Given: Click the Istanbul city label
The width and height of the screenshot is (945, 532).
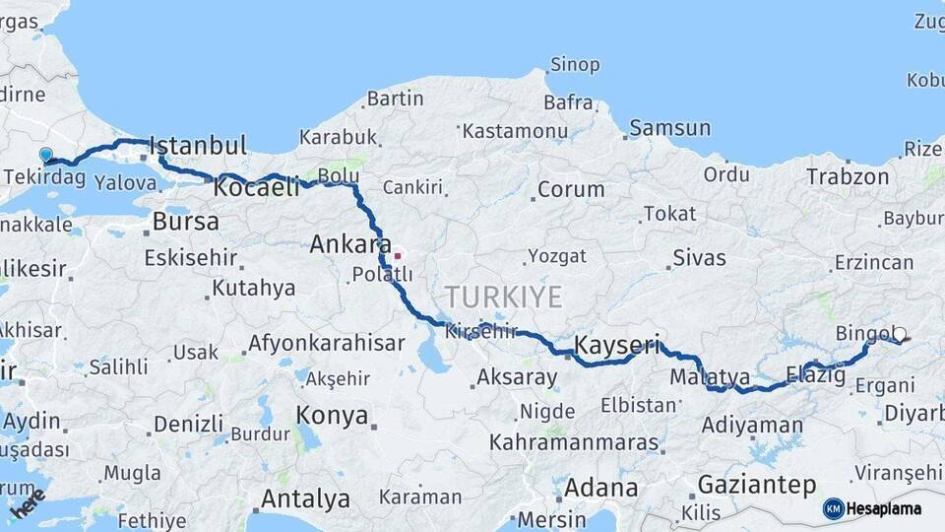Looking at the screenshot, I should click(x=198, y=146).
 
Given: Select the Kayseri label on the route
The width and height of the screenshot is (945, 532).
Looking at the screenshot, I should click(x=616, y=345).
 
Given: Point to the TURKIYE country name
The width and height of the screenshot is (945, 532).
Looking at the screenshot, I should click(x=503, y=297).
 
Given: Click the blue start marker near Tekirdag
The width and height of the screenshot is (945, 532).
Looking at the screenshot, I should click(x=45, y=155).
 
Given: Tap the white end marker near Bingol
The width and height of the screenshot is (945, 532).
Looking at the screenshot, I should click(x=899, y=335).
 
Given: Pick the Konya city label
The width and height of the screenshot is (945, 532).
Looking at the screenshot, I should click(x=332, y=414).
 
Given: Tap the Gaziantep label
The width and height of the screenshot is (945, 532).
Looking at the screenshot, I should click(x=757, y=484).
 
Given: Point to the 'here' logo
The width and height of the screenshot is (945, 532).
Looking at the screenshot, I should click(x=28, y=504).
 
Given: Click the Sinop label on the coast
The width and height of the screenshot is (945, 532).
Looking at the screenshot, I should click(x=575, y=65).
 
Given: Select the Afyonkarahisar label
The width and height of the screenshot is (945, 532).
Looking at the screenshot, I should click(x=326, y=343).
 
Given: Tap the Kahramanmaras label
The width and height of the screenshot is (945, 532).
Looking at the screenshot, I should click(x=573, y=442).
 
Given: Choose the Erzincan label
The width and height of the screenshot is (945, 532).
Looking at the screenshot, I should click(x=873, y=262).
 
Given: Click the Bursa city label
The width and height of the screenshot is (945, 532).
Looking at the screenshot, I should click(x=185, y=221).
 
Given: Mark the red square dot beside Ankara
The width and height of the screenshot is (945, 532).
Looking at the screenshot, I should click(x=398, y=256).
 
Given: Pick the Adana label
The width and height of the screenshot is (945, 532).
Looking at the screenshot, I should click(x=600, y=487).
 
